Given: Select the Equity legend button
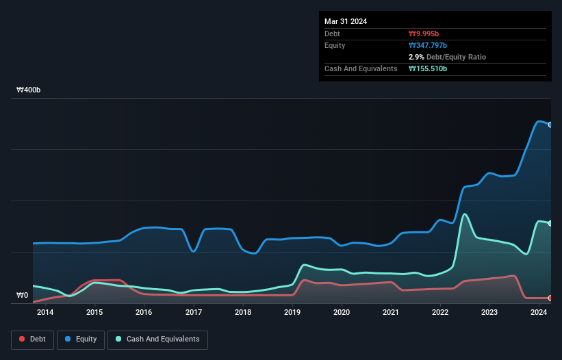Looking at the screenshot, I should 81,339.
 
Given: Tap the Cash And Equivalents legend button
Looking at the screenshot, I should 157,339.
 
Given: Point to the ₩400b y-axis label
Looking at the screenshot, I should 29,90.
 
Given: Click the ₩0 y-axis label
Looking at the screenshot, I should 23,296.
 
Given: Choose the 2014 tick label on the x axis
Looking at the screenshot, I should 45,313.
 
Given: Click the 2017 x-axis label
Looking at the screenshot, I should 194,313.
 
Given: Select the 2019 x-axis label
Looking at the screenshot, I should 292,313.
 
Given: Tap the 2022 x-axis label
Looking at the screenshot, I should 440,313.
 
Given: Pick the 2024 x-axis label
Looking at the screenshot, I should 539,313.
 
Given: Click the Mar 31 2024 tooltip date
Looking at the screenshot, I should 346,21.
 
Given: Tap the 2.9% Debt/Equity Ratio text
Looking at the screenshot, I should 447,57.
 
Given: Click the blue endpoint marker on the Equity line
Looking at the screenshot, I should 550,125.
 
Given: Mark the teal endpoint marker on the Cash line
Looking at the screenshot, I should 550,224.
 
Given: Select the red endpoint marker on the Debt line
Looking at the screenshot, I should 550,298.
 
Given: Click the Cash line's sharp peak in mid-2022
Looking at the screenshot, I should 465,214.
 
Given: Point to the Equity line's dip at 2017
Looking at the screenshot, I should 194,251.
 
